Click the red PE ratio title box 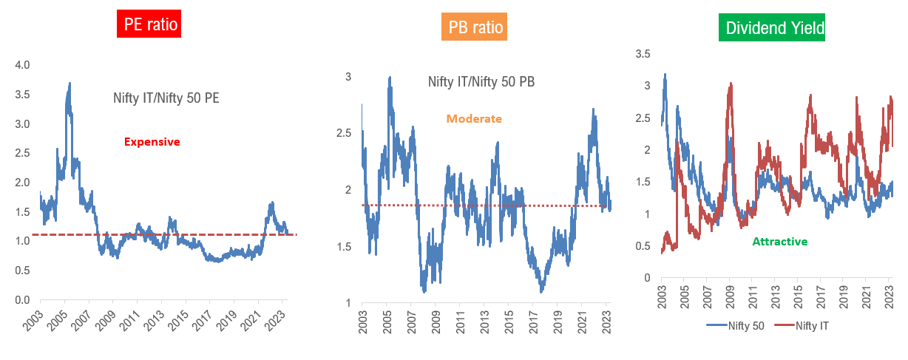click(x=149, y=24)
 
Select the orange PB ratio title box click(x=476, y=29)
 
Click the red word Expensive click(x=152, y=142)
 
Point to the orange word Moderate click(x=474, y=118)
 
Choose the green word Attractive click(x=779, y=241)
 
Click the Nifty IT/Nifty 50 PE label click(x=166, y=97)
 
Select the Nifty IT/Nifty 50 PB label click(x=481, y=81)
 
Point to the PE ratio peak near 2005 click(x=70, y=84)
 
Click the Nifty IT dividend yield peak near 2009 click(x=731, y=84)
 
